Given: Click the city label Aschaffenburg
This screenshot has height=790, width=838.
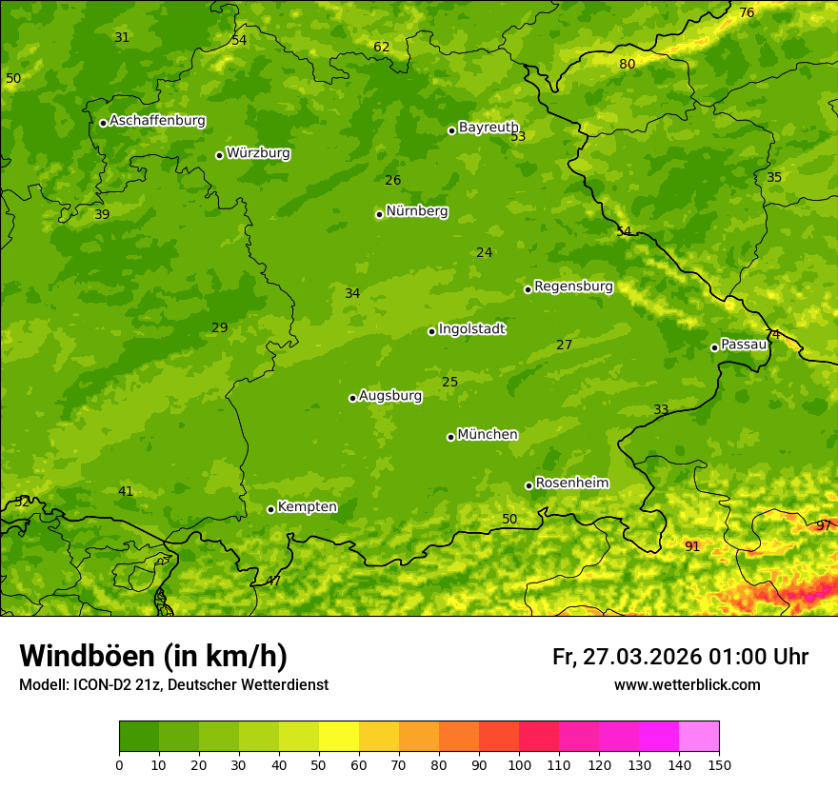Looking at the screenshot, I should pyautogui.click(x=157, y=121).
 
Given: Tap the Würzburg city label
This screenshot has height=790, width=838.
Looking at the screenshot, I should pyautogui.click(x=258, y=153).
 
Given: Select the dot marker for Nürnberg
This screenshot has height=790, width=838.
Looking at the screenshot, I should pyautogui.click(x=379, y=214).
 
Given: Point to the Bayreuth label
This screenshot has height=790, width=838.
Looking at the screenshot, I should pyautogui.click(x=488, y=128).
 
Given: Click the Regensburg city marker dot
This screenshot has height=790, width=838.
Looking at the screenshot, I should pyautogui.click(x=528, y=289).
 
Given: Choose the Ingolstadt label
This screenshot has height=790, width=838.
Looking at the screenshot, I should pyautogui.click(x=471, y=329).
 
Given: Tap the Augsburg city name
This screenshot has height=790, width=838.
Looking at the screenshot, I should pyautogui.click(x=390, y=396).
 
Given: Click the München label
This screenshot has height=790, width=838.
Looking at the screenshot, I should pyautogui.click(x=488, y=435).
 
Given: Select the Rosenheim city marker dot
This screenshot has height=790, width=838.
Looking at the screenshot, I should pyautogui.click(x=529, y=486).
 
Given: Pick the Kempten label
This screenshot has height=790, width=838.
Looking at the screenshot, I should pyautogui.click(x=307, y=507).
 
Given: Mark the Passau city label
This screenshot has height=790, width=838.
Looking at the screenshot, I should pyautogui.click(x=744, y=345).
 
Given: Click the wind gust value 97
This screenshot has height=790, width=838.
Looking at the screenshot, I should pyautogui.click(x=824, y=526).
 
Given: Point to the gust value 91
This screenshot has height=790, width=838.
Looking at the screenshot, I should pyautogui.click(x=692, y=547).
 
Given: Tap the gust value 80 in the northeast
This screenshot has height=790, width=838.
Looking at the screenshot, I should pyautogui.click(x=628, y=65).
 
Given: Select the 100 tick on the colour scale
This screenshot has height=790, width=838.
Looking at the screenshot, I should pyautogui.click(x=519, y=764).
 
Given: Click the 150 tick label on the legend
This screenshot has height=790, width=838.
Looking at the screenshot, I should pyautogui.click(x=718, y=764).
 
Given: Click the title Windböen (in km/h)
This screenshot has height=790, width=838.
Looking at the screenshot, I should pyautogui.click(x=153, y=656).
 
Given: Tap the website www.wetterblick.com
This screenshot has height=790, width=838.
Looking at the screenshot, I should pyautogui.click(x=687, y=685).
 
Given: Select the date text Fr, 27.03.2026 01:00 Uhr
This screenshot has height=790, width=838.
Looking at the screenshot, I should pyautogui.click(x=680, y=657).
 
